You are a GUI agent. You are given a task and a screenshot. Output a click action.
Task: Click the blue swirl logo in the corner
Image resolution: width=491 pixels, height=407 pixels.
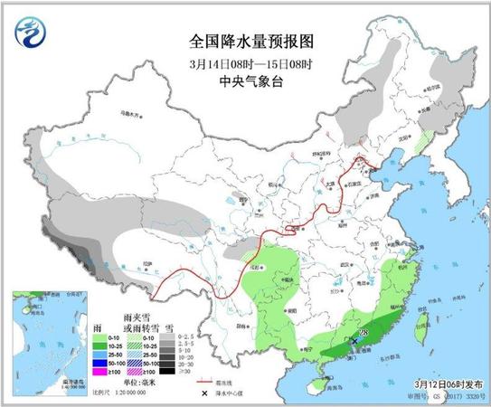click(29, 33)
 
